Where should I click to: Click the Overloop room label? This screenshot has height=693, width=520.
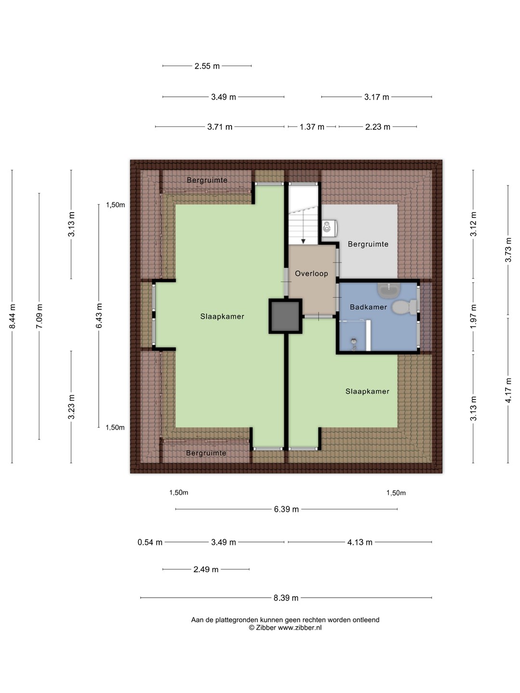point(312,274)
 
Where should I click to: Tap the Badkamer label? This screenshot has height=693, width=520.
point(368,307)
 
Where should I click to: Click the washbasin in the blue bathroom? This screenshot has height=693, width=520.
point(389,291)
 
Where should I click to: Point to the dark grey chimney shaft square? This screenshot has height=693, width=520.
point(286,316)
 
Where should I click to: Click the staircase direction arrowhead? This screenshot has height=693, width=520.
point(303,241)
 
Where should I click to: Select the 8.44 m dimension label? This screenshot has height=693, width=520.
point(13,316)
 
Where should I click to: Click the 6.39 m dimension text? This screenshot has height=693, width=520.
point(286,509)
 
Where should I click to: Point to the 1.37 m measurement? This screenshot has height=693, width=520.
point(312,127)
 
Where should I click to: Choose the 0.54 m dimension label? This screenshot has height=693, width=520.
point(150,542)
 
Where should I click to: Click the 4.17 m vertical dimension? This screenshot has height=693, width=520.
point(508,390)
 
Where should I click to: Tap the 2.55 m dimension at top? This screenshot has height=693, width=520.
point(207,66)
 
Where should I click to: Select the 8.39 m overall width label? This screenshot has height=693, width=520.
point(286,598)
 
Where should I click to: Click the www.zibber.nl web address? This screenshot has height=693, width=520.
point(299,628)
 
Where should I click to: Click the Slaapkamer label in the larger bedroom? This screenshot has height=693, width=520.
point(222,316)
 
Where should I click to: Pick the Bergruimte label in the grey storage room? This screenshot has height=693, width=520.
point(368,244)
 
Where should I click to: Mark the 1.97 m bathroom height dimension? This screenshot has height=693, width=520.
point(473,316)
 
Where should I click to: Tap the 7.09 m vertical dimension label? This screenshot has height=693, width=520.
point(39,316)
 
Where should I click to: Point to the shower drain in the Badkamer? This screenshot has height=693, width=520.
point(354,341)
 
